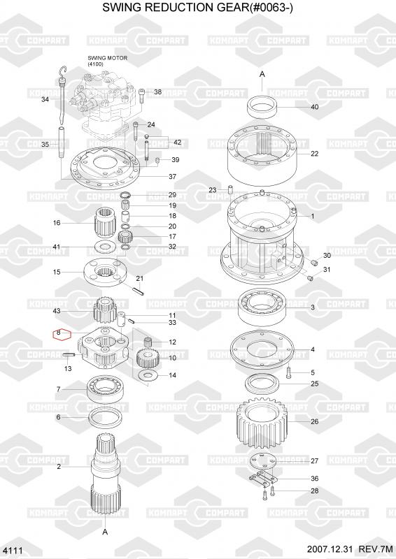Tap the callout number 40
[x=315, y=107]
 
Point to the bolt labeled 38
[x=141, y=96]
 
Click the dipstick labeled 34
[x=62, y=94]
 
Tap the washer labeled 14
[x=146, y=375]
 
